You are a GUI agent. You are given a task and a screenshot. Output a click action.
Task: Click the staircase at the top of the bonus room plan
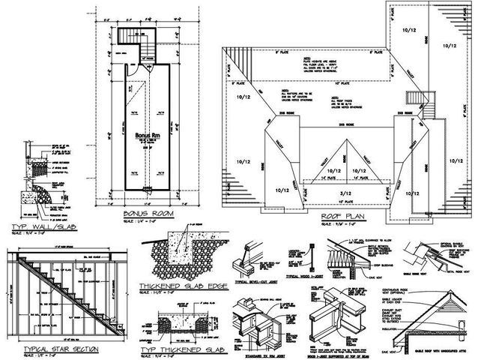click(x=139, y=35)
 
